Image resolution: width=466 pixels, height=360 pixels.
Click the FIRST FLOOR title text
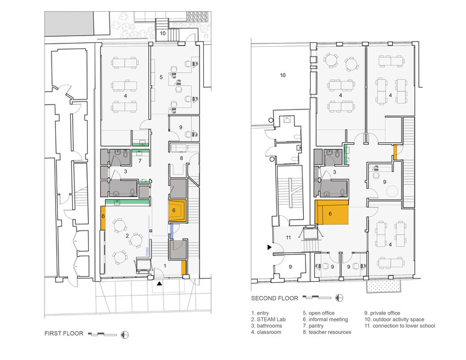tap(64, 333)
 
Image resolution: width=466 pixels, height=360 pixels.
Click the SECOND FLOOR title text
tap(275, 298)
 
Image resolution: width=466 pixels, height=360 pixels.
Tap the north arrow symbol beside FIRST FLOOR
tap(125, 335)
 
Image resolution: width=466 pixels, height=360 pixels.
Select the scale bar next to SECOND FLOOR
tap(317, 297)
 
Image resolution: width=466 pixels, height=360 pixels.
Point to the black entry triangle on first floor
tap(160, 284)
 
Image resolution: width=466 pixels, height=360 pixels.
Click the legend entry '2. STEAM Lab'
tap(268, 319)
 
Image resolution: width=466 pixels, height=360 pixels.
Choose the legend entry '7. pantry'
tap(313, 326)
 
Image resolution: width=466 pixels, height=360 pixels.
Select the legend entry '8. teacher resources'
tap(327, 332)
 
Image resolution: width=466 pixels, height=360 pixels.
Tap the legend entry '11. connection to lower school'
tap(400, 326)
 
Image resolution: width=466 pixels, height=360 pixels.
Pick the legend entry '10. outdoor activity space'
tap(395, 319)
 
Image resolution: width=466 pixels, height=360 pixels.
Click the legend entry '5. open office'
tap(319, 313)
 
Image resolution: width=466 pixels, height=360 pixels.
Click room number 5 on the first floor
tap(161, 77)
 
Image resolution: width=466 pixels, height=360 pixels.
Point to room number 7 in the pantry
tap(140, 161)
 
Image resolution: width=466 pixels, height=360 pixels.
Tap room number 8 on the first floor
tap(181, 158)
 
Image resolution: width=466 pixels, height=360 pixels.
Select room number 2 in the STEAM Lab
tap(127, 236)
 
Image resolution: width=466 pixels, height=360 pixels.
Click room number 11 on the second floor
tap(288, 238)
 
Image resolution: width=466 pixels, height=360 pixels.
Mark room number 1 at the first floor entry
tap(165, 265)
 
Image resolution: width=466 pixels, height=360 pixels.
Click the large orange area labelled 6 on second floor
tap(331, 212)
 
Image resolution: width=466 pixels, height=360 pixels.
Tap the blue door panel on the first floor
tap(171, 231)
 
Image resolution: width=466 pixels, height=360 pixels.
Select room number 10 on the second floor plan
tap(283, 75)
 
